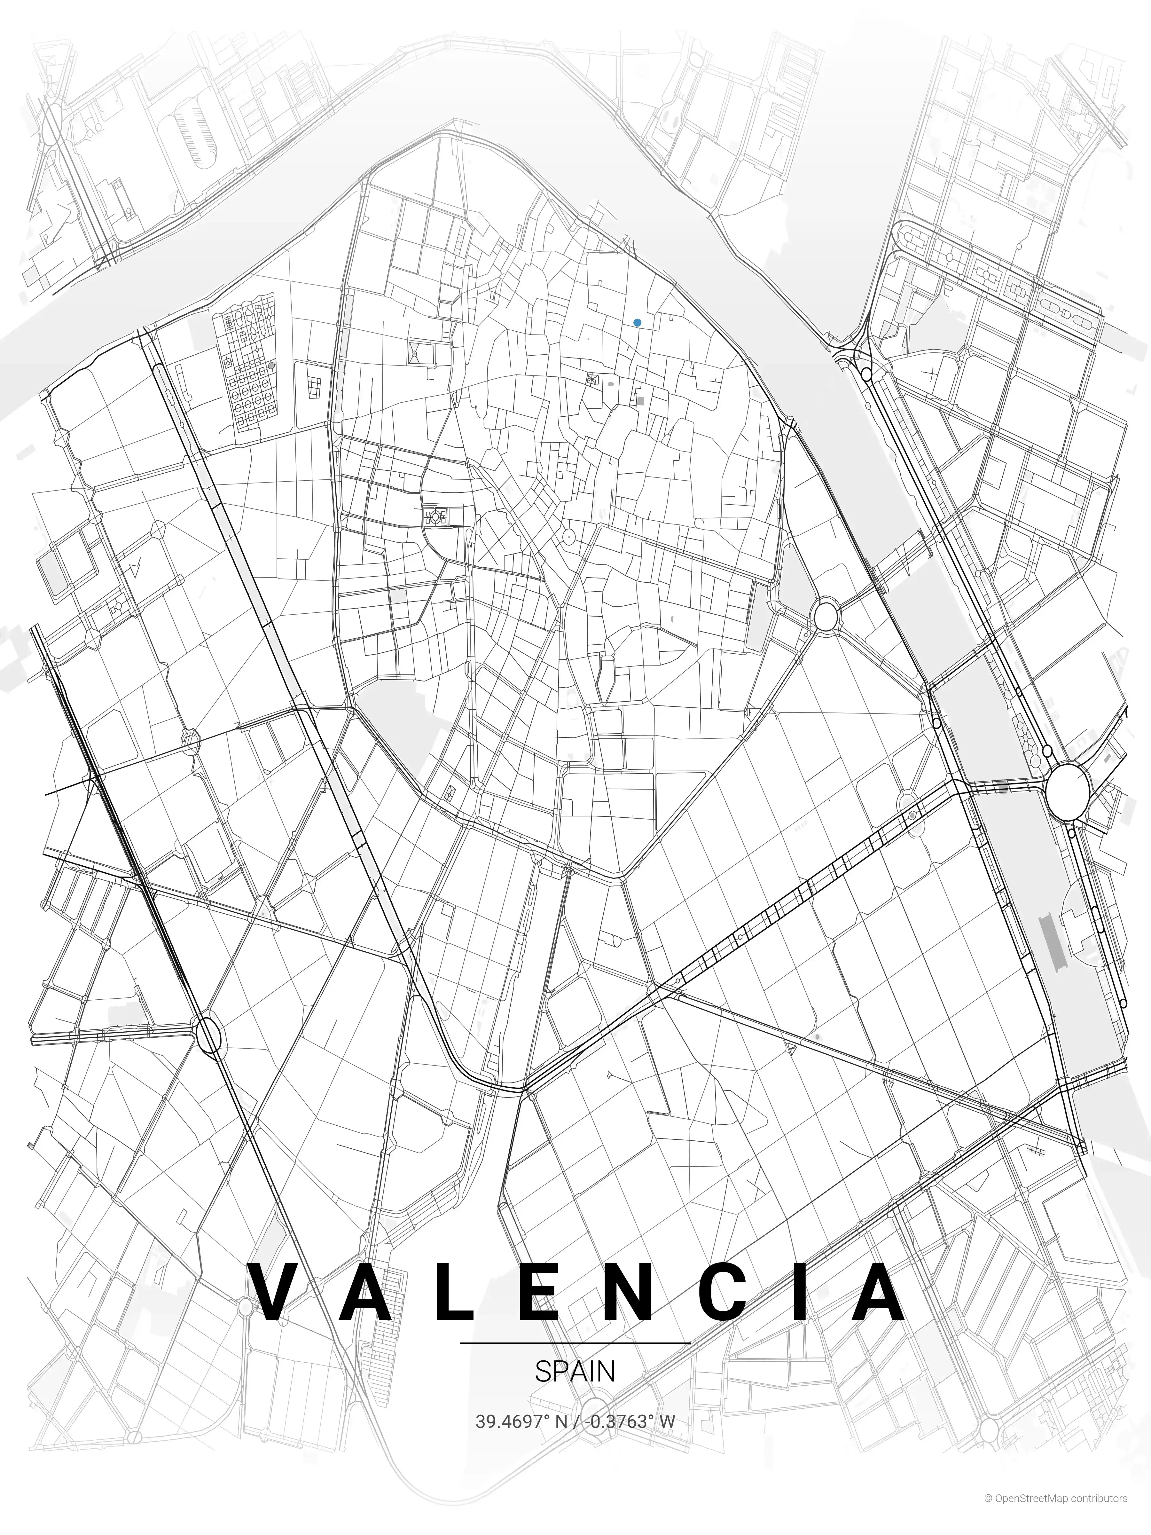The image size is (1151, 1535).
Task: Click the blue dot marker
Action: (x=637, y=323)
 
